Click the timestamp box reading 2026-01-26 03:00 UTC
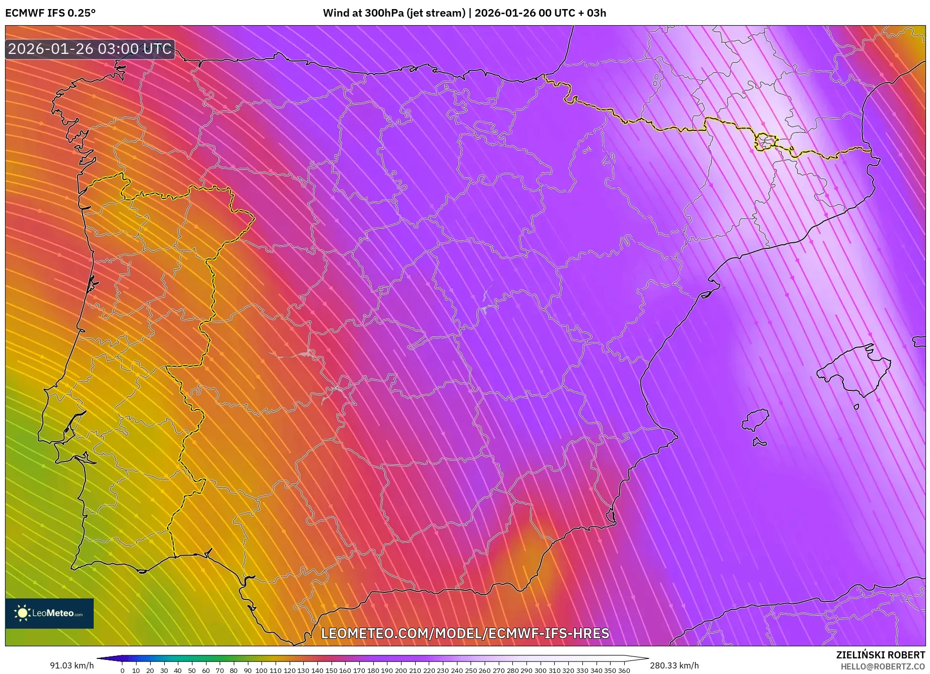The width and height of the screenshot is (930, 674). [x=90, y=49]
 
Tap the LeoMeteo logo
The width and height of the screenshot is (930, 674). [x=49, y=613]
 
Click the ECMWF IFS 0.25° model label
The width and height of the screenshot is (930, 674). [x=50, y=13]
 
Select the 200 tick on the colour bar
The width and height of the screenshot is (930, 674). [x=401, y=670]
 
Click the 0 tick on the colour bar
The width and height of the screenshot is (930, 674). [x=122, y=670]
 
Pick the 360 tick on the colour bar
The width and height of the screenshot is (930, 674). [x=624, y=670]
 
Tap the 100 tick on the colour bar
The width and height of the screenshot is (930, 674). [x=261, y=670]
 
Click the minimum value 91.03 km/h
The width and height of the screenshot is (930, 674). [x=72, y=665]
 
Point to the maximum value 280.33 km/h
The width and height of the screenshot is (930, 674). [x=674, y=665]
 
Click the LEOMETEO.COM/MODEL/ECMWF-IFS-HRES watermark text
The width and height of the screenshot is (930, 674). [x=465, y=633]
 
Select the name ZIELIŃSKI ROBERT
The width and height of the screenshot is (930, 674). [x=880, y=655]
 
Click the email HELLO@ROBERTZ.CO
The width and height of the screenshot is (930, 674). [x=882, y=666]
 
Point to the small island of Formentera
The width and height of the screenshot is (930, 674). [x=759, y=443]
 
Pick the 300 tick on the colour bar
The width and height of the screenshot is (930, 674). [x=540, y=670]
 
